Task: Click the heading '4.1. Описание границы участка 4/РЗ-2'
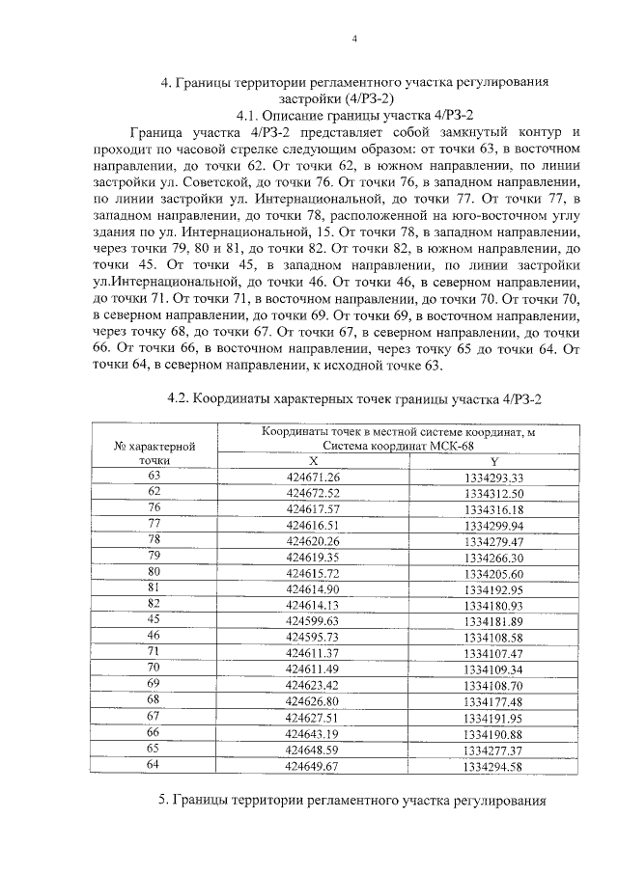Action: click(x=354, y=114)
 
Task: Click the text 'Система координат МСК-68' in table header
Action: click(x=398, y=447)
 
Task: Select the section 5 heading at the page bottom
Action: click(x=354, y=802)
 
